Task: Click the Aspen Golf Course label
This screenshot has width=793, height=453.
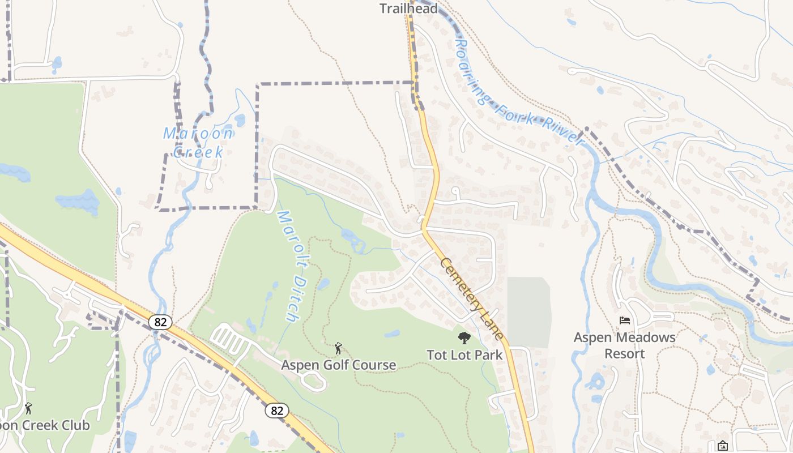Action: point(339,365)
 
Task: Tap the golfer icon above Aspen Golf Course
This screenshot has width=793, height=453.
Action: point(338,348)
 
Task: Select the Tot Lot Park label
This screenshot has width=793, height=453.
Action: point(464,355)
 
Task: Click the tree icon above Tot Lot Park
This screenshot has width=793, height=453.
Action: point(464,339)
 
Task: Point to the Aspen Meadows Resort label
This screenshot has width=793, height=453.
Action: point(624,345)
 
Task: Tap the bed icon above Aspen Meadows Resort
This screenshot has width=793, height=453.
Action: point(625,320)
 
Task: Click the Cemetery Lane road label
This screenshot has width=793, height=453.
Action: point(471,299)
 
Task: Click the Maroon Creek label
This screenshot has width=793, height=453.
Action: point(198,142)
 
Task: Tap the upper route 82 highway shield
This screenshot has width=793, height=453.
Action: point(160,322)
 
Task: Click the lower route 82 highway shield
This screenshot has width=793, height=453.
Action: point(277,411)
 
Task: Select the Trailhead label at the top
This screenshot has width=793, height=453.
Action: point(408,8)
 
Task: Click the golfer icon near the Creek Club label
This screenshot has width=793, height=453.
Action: point(28,408)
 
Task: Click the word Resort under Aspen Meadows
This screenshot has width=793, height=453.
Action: point(624,354)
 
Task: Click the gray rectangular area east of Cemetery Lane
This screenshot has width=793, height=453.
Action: point(528,311)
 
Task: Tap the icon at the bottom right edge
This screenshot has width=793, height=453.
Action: point(722,446)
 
